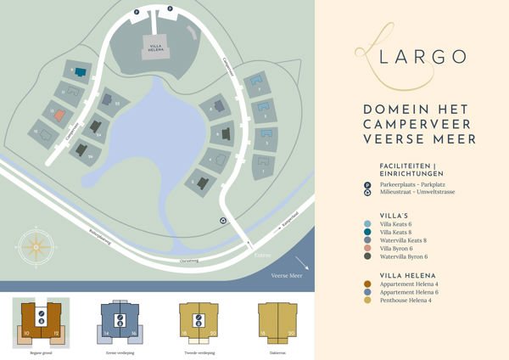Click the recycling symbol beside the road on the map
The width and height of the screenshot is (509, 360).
coord(222,222)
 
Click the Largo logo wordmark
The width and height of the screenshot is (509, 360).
coord(413,57)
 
